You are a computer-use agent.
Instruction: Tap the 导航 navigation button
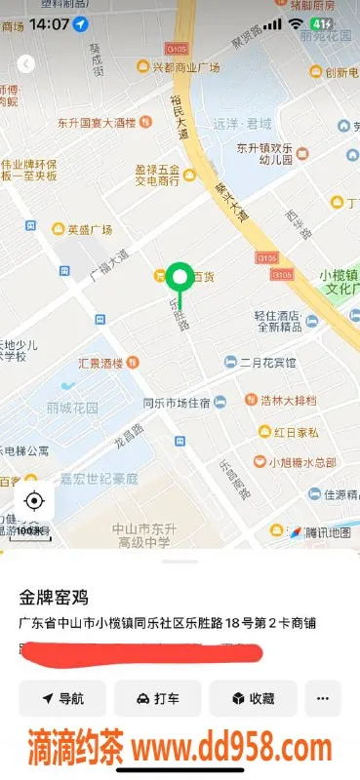click(63, 698)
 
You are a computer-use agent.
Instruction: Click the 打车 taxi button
click(158, 698)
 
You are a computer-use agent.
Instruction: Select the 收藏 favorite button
click(253, 698)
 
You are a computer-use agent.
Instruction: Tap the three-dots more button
click(323, 698)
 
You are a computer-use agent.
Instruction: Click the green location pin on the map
click(179, 279)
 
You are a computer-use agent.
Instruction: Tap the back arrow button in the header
click(26, 64)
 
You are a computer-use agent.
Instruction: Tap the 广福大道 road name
click(108, 264)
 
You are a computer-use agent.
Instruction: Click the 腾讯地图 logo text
click(327, 532)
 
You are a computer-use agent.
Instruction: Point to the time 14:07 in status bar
click(49, 22)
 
